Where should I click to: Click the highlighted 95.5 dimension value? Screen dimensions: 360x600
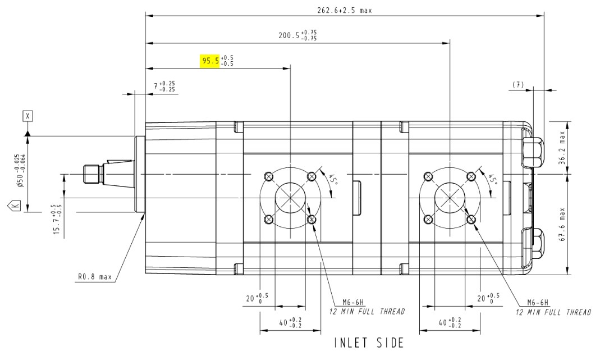pos(210,60)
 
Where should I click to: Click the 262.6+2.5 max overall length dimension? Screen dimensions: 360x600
pos(344,10)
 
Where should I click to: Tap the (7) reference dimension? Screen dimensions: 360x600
pos(517,84)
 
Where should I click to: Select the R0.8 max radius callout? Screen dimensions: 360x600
pos(95,277)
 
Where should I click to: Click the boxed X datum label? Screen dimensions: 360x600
pos(28,116)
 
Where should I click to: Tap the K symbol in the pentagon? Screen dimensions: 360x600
pos(15,207)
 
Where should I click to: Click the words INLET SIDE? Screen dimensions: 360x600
pos(369,343)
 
